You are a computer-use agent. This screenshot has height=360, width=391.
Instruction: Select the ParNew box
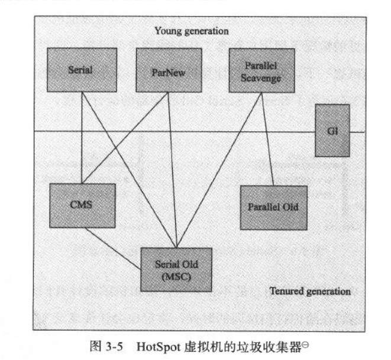[169, 69]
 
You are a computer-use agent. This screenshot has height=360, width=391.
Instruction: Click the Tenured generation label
[310, 291]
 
